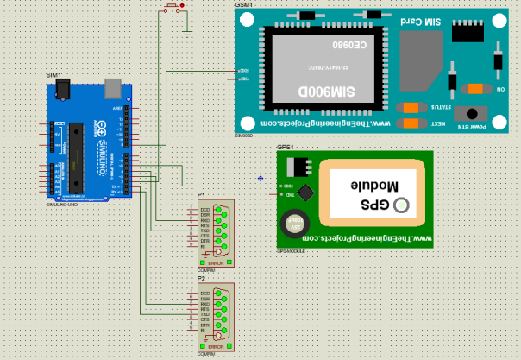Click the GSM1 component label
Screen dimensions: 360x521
tap(244, 4)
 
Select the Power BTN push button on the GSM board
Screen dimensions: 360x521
tap(471, 113)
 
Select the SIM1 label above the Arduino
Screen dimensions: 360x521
tap(53, 76)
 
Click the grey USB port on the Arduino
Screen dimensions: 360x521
tap(111, 86)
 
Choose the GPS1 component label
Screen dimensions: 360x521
tap(285, 148)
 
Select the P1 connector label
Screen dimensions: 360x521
tap(201, 196)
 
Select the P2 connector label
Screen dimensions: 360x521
tap(201, 280)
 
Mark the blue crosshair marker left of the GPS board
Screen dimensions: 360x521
tap(260, 178)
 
